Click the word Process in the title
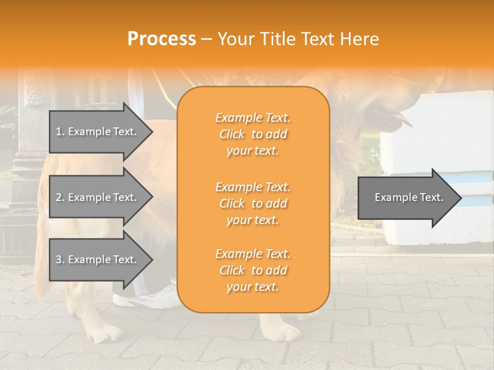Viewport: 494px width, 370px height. tap(162, 39)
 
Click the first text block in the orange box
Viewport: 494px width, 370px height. tap(253, 134)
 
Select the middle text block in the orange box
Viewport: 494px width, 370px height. tap(253, 203)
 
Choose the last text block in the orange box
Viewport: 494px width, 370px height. tap(253, 270)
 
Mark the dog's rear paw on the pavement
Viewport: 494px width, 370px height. tap(105, 334)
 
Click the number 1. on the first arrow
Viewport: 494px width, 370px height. tap(60, 132)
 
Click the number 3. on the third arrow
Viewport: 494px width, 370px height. tap(60, 260)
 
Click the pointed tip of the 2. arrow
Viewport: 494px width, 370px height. tap(151, 197)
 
